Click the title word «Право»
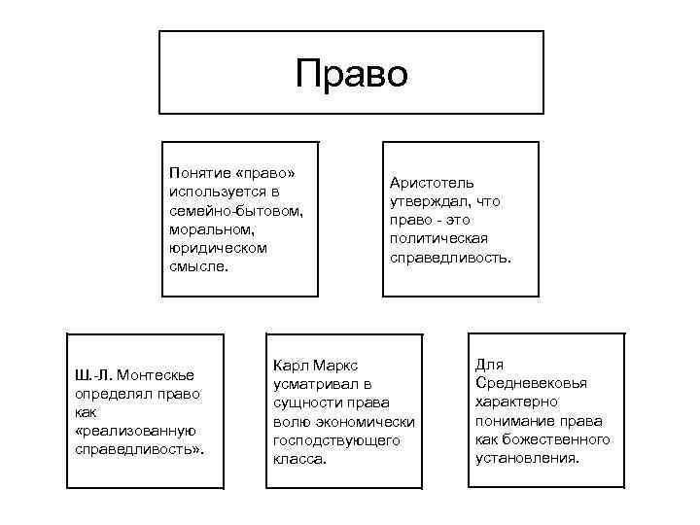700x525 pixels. coord(352,74)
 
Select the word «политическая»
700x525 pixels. coord(438,238)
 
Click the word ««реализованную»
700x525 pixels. coord(135,432)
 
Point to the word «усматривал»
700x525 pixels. coord(310,385)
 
